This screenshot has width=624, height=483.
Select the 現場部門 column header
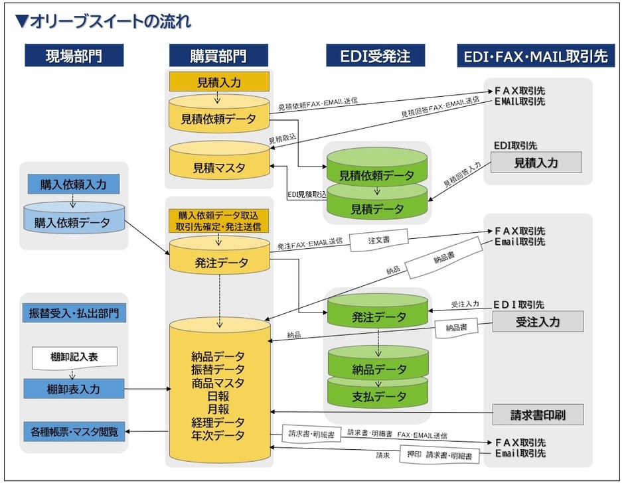click(x=74, y=56)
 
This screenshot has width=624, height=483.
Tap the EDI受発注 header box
click(x=374, y=56)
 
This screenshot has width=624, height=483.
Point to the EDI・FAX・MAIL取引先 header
click(x=536, y=56)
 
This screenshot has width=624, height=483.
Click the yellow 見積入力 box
click(x=219, y=82)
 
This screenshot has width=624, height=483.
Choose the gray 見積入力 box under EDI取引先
click(x=536, y=163)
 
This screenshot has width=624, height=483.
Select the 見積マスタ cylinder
click(x=219, y=167)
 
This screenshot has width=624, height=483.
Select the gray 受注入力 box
click(x=538, y=322)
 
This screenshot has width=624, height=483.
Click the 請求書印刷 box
click(x=538, y=415)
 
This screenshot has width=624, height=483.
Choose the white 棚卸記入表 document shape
click(x=74, y=358)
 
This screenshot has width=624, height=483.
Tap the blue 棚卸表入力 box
click(x=74, y=389)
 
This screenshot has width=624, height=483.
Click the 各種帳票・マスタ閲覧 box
click(x=74, y=432)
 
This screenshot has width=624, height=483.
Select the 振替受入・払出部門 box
click(x=74, y=312)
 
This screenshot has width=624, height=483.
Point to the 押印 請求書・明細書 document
click(x=440, y=456)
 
